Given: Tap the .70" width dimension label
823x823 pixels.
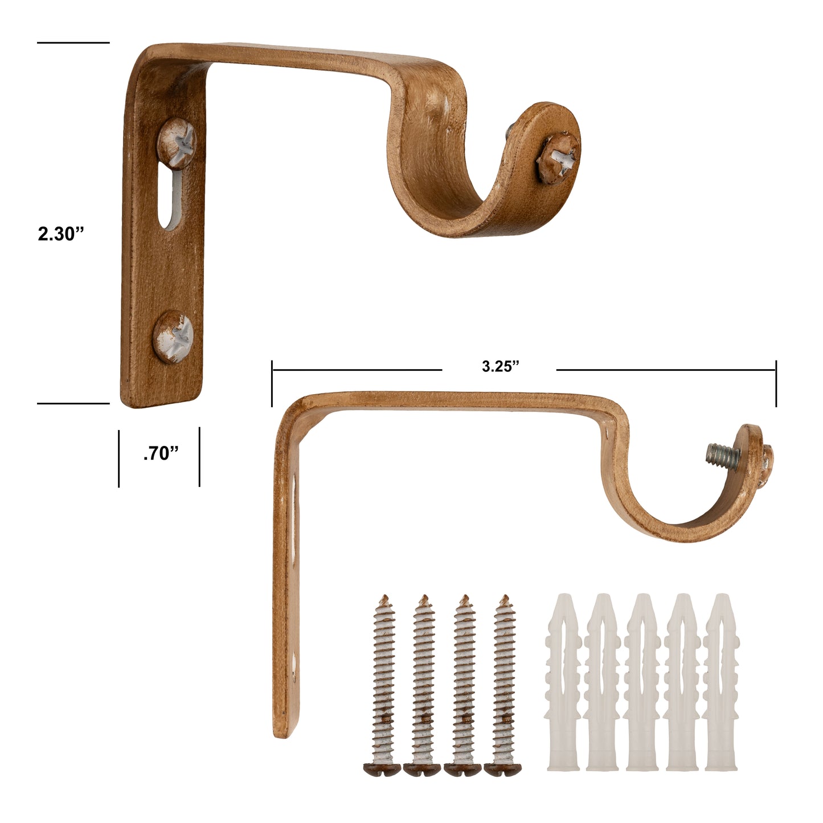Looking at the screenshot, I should (x=161, y=453).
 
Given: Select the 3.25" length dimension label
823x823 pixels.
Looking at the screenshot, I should (x=500, y=366).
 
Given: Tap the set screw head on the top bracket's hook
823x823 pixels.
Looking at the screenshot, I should (x=559, y=158).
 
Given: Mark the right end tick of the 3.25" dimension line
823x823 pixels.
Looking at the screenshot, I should (x=775, y=383).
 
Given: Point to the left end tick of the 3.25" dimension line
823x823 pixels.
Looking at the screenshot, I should (x=272, y=383).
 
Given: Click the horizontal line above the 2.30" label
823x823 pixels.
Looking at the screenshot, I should (x=73, y=42).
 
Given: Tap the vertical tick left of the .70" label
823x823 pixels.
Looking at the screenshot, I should (x=119, y=458).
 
